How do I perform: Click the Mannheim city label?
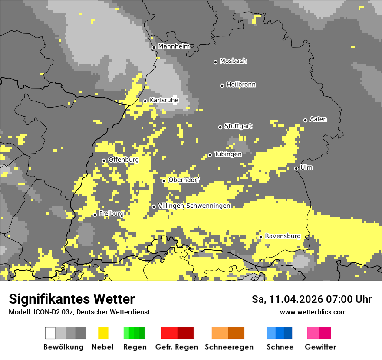pyautogui.click(x=174, y=46)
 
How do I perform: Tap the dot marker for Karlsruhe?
pyautogui.click(x=145, y=101)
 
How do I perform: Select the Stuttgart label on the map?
pyautogui.click(x=238, y=126)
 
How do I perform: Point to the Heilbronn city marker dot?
pyautogui.click(x=222, y=85)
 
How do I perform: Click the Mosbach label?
pyautogui.click(x=233, y=61)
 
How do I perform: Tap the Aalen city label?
pyautogui.click(x=318, y=119)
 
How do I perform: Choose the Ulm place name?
pyautogui.click(x=306, y=167)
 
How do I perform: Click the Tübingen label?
pyautogui.click(x=228, y=154)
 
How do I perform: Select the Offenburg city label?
pyautogui.click(x=124, y=160)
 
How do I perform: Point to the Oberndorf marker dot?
pyautogui.click(x=164, y=181)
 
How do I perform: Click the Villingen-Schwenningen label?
pyautogui.click(x=194, y=206)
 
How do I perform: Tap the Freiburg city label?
pyautogui.click(x=111, y=214)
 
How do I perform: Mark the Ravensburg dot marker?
pyautogui.click(x=260, y=237)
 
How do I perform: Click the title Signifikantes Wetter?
pyautogui.click(x=72, y=299)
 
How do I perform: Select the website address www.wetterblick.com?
pyautogui.click(x=313, y=312)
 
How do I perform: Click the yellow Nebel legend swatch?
pyautogui.click(x=103, y=333)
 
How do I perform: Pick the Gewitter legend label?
pyautogui.click(x=320, y=347)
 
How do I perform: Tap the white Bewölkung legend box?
pyautogui.click(x=50, y=333)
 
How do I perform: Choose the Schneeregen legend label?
pyautogui.click(x=228, y=347)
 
